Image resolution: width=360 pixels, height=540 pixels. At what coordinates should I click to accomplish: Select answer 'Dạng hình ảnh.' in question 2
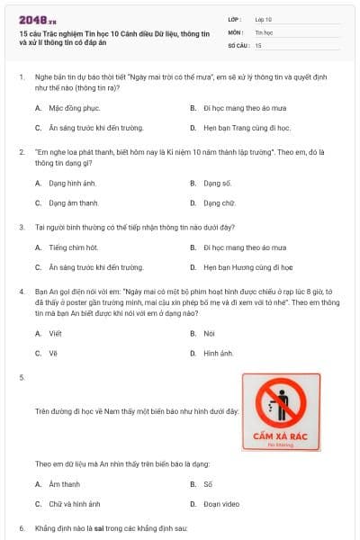(74, 183)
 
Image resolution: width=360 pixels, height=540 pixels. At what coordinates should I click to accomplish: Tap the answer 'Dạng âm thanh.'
(74, 203)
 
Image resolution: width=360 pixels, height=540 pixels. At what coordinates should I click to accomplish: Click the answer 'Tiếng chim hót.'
(74, 247)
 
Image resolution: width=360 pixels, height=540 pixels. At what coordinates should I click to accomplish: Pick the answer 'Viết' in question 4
(56, 332)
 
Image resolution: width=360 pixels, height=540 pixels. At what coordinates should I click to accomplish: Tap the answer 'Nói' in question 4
(209, 332)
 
